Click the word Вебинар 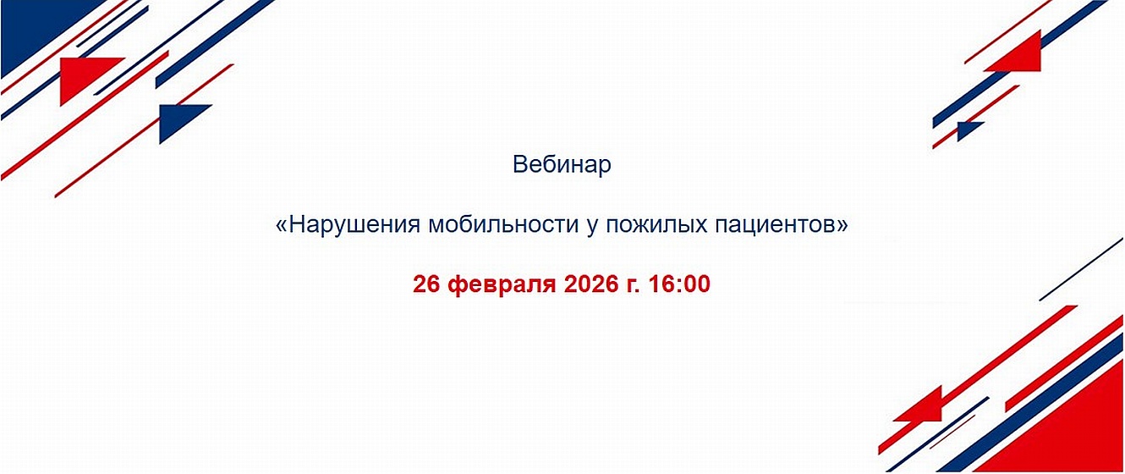[562, 164]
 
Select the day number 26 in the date [426, 284]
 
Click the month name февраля [502, 285]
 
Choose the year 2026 [590, 284]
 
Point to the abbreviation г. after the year [631, 286]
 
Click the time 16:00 [678, 284]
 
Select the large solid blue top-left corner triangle [36, 28]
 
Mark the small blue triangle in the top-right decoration [967, 130]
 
